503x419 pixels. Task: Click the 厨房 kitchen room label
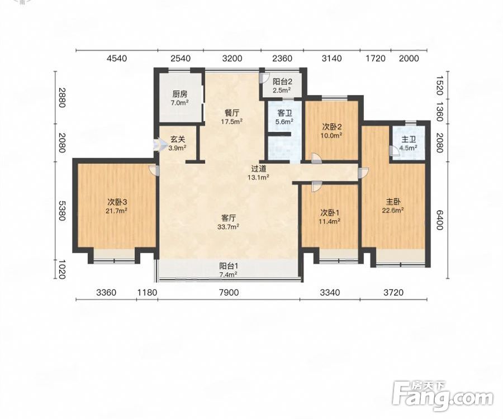point(179,94)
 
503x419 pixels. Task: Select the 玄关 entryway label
point(177,140)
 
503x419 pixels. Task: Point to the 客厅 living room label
point(229,218)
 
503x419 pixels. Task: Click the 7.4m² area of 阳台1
point(229,274)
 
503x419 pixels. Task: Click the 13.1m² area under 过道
point(258,177)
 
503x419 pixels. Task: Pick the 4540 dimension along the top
point(117,58)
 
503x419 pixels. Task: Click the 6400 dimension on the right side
point(439,220)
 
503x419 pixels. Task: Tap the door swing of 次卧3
point(154,170)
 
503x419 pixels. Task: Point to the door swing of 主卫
point(393,150)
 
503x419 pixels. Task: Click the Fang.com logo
point(443,396)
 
